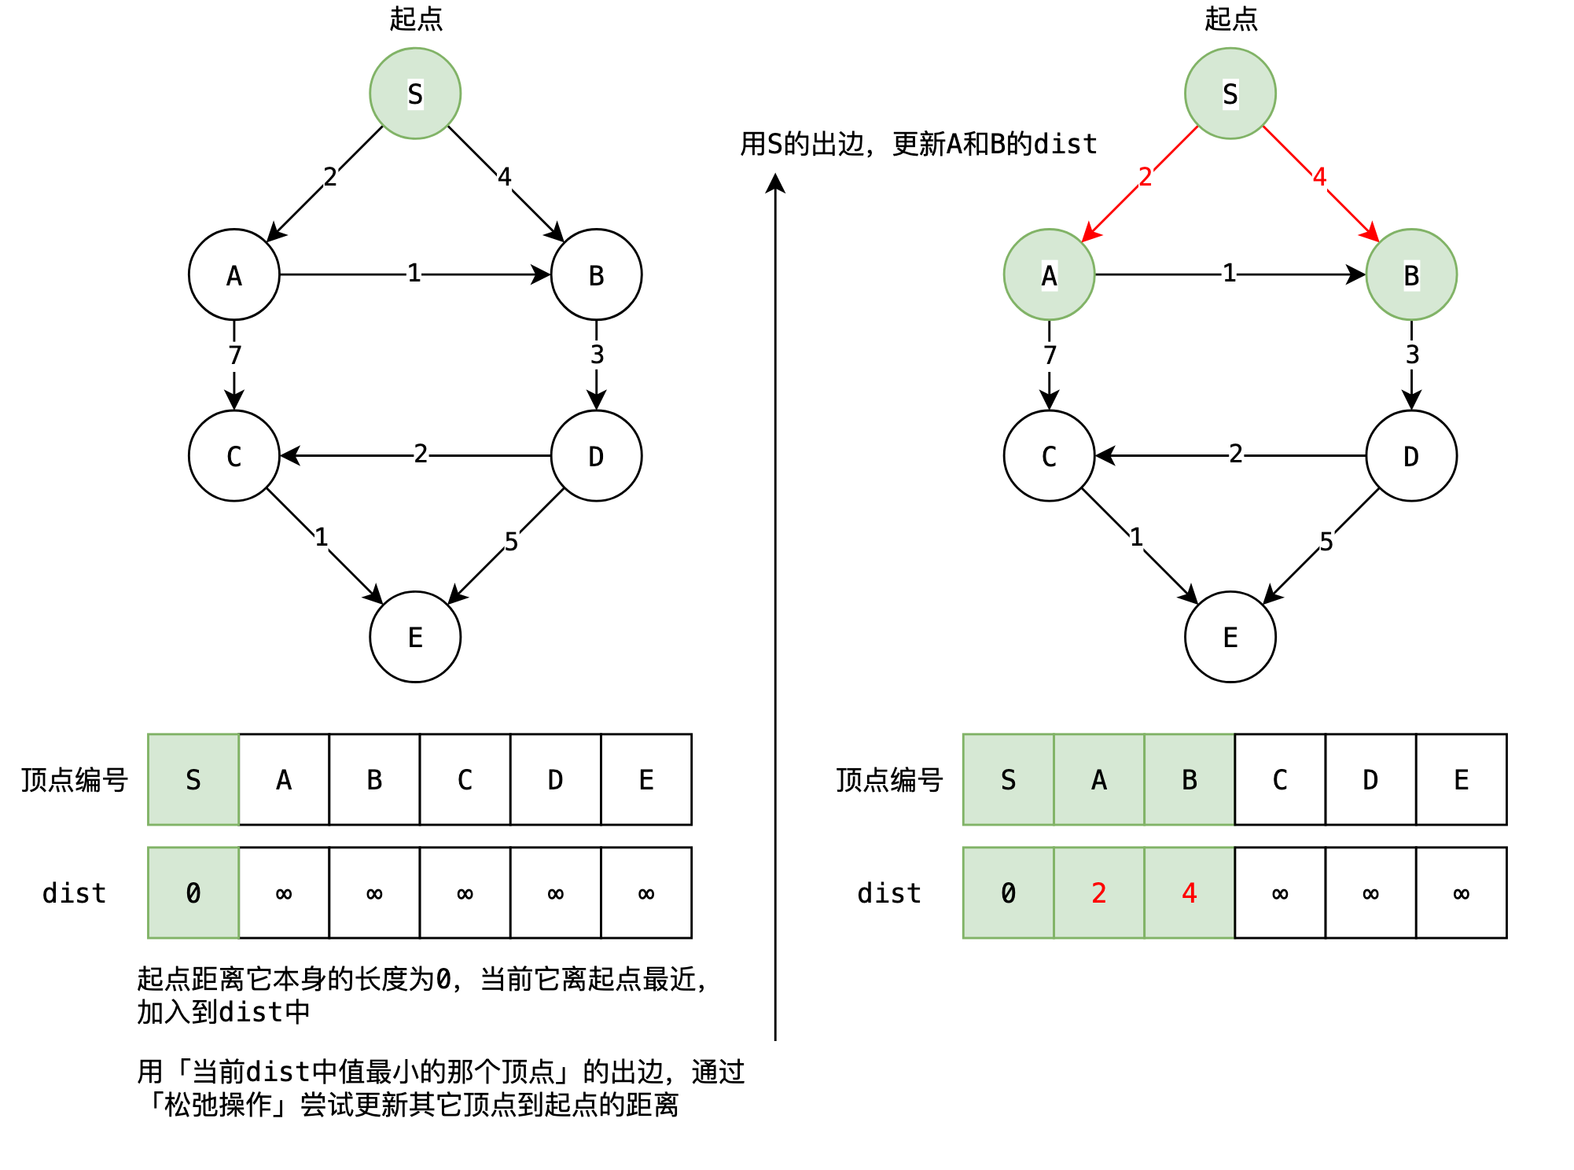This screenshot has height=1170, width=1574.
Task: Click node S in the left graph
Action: pos(415,94)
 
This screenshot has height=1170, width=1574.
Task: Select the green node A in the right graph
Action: pos(1049,274)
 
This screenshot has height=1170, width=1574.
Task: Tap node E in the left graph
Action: pos(415,637)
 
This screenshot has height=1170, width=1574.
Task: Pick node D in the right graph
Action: pos(1411,456)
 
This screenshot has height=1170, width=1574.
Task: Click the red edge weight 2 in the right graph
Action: pos(1145,176)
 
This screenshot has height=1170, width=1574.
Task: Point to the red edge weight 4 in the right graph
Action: pos(1319,176)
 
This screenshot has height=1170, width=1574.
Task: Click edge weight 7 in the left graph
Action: pos(234,355)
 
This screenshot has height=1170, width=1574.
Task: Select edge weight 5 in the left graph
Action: pos(511,542)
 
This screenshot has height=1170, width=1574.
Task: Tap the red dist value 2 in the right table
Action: pos(1098,892)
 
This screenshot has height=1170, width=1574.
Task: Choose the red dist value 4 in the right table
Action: pos(1189,892)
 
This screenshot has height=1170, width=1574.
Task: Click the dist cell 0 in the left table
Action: pos(193,892)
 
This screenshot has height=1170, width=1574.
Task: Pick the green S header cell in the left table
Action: pos(193,779)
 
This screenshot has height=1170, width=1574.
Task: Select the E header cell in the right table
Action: pos(1461,779)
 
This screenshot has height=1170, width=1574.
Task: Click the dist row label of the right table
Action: pos(888,893)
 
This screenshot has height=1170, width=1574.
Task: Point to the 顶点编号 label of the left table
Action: pos(75,780)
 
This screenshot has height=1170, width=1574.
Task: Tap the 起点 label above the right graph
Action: pos(1230,19)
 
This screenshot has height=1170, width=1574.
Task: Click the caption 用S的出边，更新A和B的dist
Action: pos(918,144)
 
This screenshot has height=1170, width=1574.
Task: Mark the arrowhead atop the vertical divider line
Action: pos(775,182)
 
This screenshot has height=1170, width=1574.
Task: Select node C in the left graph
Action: pos(234,456)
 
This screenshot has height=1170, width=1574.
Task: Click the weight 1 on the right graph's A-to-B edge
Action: pos(1229,273)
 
